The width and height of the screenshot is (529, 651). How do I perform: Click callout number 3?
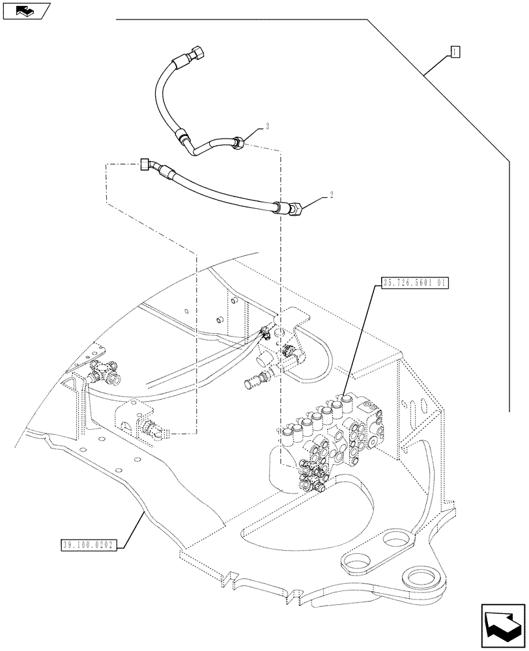click(x=268, y=127)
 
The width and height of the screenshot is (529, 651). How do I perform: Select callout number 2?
click(x=331, y=195)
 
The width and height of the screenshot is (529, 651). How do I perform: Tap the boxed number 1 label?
click(x=455, y=51)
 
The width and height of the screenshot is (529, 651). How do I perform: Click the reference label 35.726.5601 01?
click(x=415, y=283)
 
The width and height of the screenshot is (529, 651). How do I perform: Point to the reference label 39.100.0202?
click(x=88, y=545)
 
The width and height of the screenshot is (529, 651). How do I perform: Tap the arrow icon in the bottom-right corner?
click(x=502, y=625)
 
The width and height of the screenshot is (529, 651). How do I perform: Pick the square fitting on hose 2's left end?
click(x=145, y=165)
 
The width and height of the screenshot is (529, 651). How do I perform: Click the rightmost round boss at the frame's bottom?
click(x=422, y=577)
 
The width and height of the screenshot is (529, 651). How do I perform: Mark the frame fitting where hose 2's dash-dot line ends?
click(x=152, y=429)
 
